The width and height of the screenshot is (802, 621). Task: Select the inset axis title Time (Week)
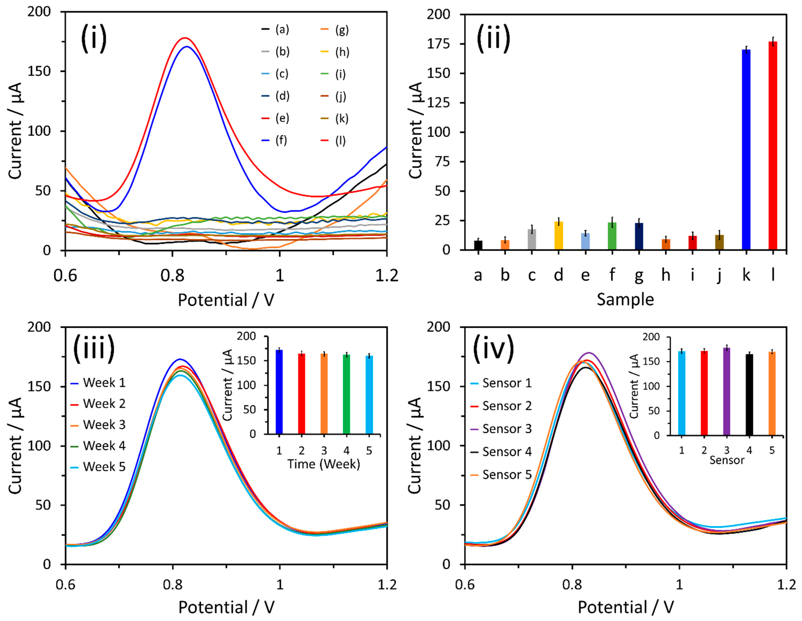[324, 464]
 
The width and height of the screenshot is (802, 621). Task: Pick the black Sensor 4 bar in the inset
[749, 395]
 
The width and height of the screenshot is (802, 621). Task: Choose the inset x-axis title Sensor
[726, 460]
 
